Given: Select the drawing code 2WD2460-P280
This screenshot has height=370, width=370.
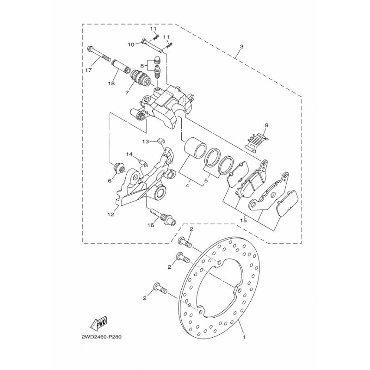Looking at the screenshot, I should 101,337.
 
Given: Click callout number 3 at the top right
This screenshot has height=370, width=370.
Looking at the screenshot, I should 241,47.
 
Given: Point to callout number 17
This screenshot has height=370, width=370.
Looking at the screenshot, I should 88,70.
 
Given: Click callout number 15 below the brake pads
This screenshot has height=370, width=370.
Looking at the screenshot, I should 243,221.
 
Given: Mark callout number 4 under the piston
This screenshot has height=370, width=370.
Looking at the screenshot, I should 188,186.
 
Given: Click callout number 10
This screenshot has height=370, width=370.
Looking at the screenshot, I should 131,44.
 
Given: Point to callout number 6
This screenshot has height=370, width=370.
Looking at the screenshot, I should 110,181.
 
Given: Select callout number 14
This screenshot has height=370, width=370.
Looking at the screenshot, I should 129,154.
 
